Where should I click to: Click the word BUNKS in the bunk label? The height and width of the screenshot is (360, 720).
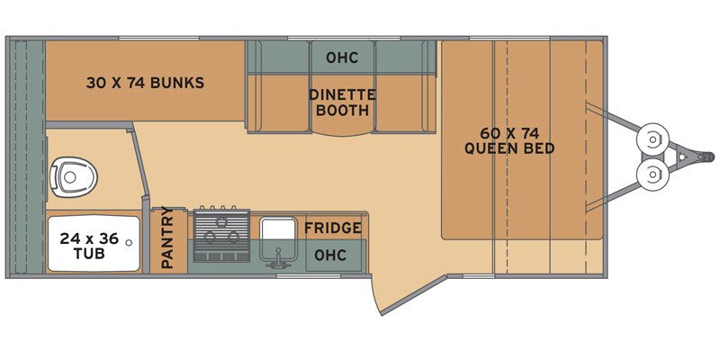(176, 84)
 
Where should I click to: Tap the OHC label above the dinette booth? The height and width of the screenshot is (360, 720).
(342, 58)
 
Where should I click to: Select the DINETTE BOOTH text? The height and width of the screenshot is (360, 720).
(342, 103)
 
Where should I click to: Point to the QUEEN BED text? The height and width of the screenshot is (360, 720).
(509, 148)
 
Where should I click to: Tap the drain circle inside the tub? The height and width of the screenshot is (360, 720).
(130, 242)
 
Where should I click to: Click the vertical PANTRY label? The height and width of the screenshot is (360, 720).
(167, 238)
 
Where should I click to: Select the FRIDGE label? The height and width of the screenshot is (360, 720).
(333, 229)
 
